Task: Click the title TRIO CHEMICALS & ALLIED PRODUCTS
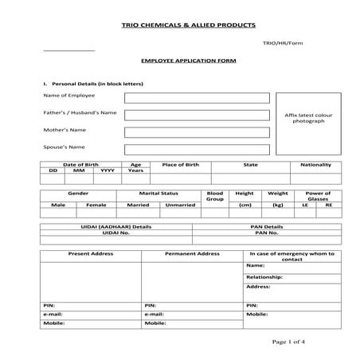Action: (x=180, y=27)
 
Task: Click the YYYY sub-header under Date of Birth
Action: (x=108, y=170)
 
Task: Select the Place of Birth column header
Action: (x=180, y=164)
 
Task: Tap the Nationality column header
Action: (x=315, y=164)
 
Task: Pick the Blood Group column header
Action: (x=215, y=196)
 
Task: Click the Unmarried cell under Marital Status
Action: (x=179, y=205)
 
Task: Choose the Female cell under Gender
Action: (x=96, y=205)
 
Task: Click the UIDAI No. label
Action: (x=116, y=233)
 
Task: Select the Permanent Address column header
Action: (x=191, y=253)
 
